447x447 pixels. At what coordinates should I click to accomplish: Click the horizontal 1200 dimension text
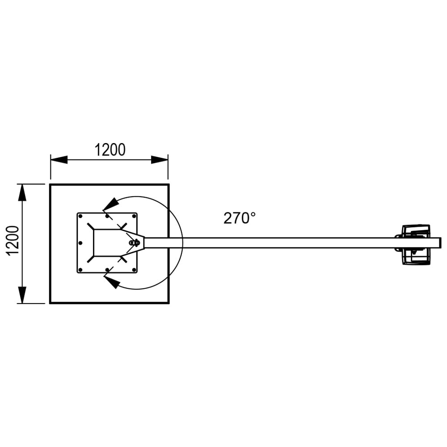point(110,150)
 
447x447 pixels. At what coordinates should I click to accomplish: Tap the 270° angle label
point(240,218)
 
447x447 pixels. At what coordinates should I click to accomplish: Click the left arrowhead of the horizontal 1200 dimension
point(59,160)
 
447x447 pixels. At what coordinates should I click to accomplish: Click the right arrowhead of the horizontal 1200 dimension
point(160,160)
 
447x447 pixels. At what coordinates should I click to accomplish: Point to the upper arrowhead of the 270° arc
point(111,204)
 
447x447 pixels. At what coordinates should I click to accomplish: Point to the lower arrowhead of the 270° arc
point(112,282)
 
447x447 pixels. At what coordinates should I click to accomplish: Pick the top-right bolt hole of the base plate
point(134,216)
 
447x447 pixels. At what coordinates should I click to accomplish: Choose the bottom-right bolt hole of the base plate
point(134,270)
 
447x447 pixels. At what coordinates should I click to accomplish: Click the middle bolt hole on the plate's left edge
point(80,243)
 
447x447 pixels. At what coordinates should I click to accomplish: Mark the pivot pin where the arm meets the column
point(133,242)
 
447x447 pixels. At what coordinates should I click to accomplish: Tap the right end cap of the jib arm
point(440,243)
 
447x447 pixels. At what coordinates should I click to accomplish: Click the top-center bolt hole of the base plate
point(107,216)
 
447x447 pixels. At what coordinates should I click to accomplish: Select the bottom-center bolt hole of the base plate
point(107,270)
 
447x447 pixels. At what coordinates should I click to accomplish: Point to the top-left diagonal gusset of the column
point(91,227)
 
